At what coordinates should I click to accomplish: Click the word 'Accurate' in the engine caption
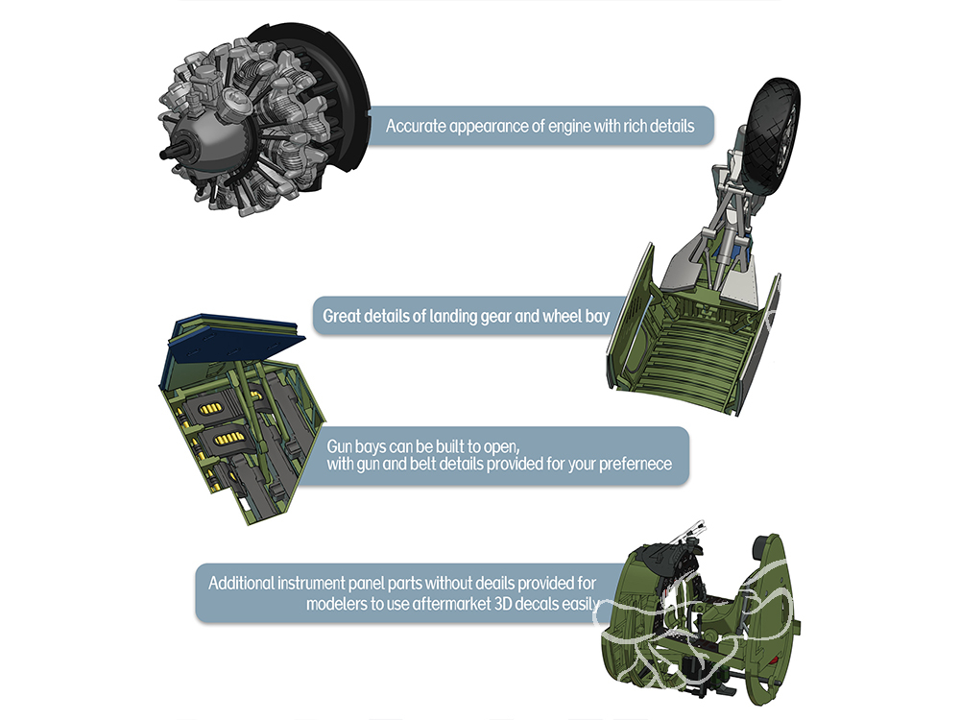pyautogui.click(x=416, y=126)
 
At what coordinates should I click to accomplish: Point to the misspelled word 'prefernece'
pyautogui.click(x=635, y=464)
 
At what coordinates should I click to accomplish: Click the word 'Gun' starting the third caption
pyautogui.click(x=340, y=446)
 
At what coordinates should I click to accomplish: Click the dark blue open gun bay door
pyautogui.click(x=236, y=342)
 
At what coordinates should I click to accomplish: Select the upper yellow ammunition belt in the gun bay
pyautogui.click(x=210, y=408)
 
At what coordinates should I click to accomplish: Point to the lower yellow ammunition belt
pyautogui.click(x=228, y=439)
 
